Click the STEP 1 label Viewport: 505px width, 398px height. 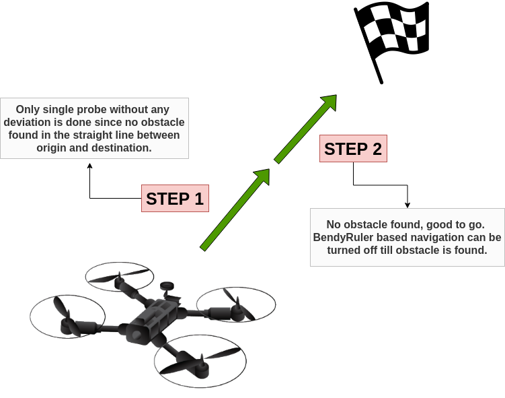tap(174, 199)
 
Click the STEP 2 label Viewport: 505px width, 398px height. tap(353, 149)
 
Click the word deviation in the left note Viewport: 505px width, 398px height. tap(28, 122)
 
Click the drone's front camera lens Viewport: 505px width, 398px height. tap(137, 335)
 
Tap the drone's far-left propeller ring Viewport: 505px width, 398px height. tap(67, 315)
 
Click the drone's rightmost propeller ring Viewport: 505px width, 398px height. tap(236, 304)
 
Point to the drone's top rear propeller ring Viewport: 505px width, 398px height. tap(119, 276)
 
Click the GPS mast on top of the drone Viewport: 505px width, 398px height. tap(167, 287)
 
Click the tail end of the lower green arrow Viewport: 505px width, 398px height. tap(204, 248)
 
